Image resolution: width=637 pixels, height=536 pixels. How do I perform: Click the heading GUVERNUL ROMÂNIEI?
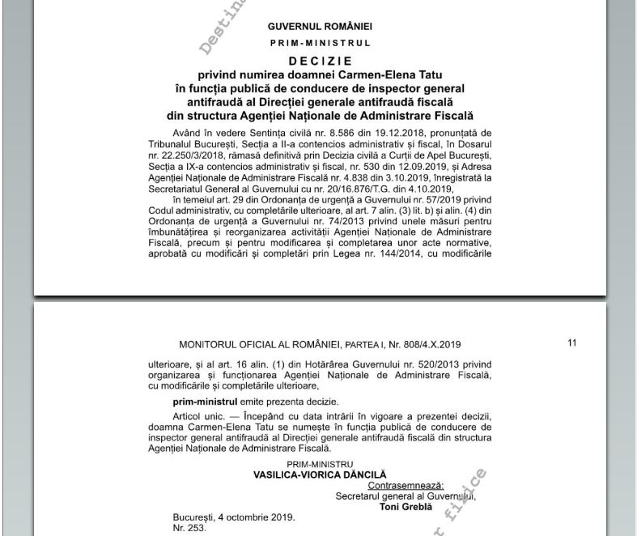pyautogui.click(x=320, y=27)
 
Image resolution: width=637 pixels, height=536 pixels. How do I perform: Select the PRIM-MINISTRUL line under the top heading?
pyautogui.click(x=320, y=43)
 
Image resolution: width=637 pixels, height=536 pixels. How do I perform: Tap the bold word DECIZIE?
pyautogui.click(x=320, y=61)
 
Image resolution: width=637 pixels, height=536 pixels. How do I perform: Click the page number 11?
pyautogui.click(x=572, y=343)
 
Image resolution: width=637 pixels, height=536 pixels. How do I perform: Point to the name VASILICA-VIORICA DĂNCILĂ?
pyautogui.click(x=320, y=475)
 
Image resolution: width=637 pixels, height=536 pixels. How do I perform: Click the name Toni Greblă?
pyautogui.click(x=406, y=508)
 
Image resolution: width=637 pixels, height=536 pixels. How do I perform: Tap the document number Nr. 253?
pyautogui.click(x=189, y=528)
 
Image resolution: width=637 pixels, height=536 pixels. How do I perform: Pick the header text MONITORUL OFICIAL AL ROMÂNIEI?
pyautogui.click(x=271, y=344)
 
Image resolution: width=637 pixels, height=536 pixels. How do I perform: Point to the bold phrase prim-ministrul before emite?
pyautogui.click(x=205, y=402)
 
